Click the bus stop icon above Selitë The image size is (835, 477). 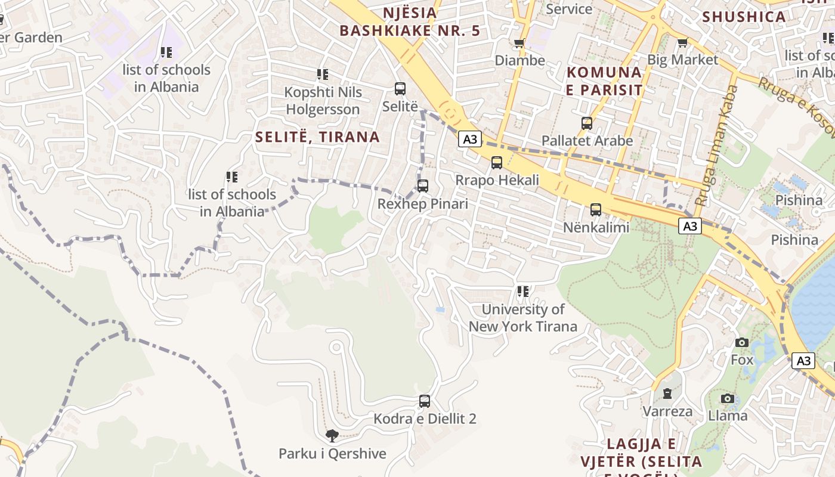pyautogui.click(x=400, y=89)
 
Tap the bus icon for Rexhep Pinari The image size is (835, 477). pyautogui.click(x=423, y=185)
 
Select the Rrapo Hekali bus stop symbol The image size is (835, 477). pyautogui.click(x=497, y=162)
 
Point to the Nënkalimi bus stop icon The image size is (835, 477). pyautogui.click(x=596, y=209)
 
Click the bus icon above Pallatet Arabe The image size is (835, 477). pyautogui.click(x=587, y=123)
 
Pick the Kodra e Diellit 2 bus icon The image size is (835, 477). pyautogui.click(x=425, y=401)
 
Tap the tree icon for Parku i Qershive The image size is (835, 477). pyautogui.click(x=332, y=436)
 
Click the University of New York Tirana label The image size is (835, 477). pyautogui.click(x=522, y=318)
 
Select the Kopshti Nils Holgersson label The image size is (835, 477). pyautogui.click(x=323, y=101)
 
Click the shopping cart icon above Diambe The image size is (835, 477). pyautogui.click(x=519, y=43)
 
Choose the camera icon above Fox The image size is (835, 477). pyautogui.click(x=742, y=342)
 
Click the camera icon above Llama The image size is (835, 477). pyautogui.click(x=727, y=398)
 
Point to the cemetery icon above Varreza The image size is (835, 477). pyautogui.click(x=667, y=394)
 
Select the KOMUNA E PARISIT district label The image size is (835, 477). pyautogui.click(x=605, y=81)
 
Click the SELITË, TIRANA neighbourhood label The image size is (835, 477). pyautogui.click(x=317, y=137)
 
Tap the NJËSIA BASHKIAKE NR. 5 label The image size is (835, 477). pyautogui.click(x=409, y=21)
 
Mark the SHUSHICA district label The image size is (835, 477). pyautogui.click(x=744, y=17)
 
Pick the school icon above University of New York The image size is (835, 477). pyautogui.click(x=523, y=292)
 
